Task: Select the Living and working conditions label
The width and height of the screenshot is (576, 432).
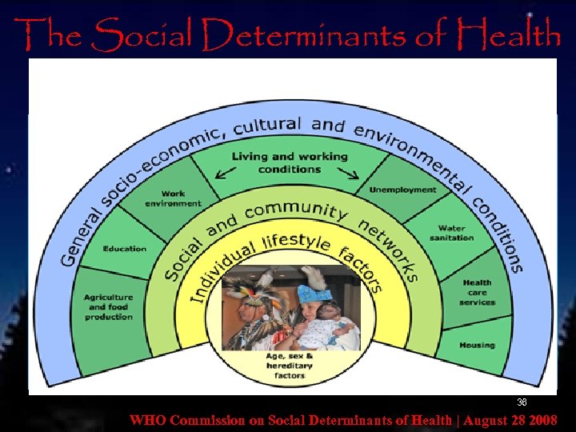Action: point(290,162)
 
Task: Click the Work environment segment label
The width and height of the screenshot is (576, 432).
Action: point(173,198)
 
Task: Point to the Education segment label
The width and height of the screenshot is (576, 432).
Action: point(125,249)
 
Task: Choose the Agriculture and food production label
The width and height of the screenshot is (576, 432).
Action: point(108,307)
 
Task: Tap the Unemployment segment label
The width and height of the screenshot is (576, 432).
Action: point(402,190)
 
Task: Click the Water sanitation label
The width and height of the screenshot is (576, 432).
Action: point(451,233)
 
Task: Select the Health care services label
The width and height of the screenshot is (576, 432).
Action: point(478,292)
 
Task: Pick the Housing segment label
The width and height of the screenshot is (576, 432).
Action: point(477,345)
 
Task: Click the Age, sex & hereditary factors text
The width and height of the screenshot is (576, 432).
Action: point(290,366)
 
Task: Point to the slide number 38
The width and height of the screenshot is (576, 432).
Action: point(522,402)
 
